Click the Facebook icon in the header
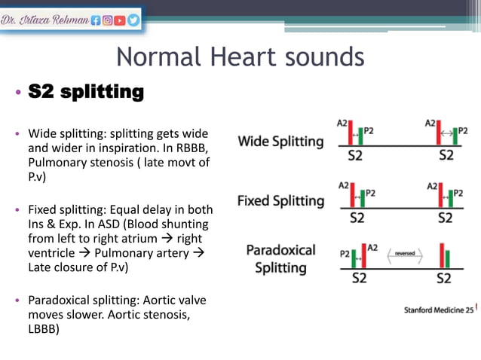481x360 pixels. (x=95, y=21)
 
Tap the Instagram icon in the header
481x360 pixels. (x=108, y=21)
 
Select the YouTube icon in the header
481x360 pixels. (x=121, y=21)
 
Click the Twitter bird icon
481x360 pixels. (x=133, y=21)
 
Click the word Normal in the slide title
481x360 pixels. (x=155, y=57)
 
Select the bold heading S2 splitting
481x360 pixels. (x=85, y=93)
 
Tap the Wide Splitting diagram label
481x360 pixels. (x=280, y=141)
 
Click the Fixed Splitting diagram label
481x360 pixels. (x=280, y=201)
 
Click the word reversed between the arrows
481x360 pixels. (x=404, y=255)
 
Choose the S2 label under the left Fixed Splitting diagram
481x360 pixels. (x=357, y=218)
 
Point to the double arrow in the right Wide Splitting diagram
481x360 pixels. (x=446, y=134)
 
